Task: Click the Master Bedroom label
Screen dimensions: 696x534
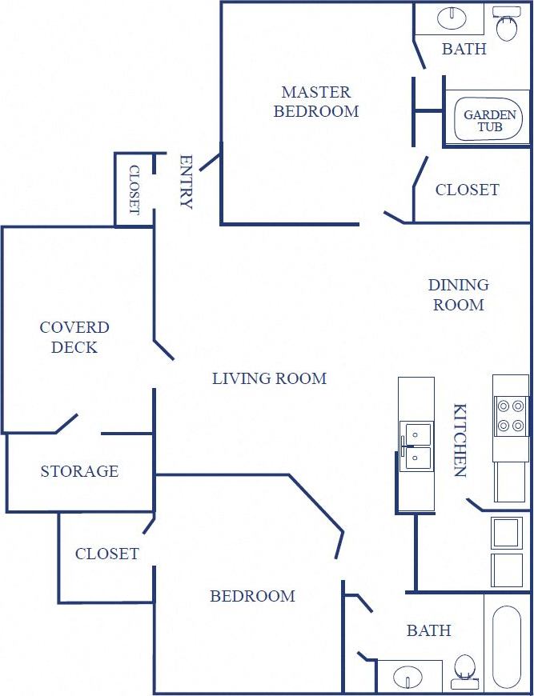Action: click(316, 102)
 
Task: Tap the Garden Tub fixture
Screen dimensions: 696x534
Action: click(490, 121)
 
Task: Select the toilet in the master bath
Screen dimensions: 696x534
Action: click(506, 24)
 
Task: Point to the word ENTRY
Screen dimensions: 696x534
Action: click(186, 182)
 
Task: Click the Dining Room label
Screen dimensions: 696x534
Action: click(458, 294)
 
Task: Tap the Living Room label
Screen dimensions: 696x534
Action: click(269, 378)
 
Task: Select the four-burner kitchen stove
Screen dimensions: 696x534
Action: click(510, 415)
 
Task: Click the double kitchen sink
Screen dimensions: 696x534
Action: click(416, 446)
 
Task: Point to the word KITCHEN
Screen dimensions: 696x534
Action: click(460, 440)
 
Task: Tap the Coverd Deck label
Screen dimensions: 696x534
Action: click(74, 337)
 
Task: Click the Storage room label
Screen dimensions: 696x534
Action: click(79, 471)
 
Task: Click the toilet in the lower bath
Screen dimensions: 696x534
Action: click(464, 672)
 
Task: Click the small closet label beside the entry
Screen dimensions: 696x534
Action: click(134, 190)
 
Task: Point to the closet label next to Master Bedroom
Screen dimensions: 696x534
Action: click(467, 190)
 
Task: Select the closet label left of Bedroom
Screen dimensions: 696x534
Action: click(106, 554)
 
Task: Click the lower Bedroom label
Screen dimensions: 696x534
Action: click(252, 596)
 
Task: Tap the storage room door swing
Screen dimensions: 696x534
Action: click(66, 423)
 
